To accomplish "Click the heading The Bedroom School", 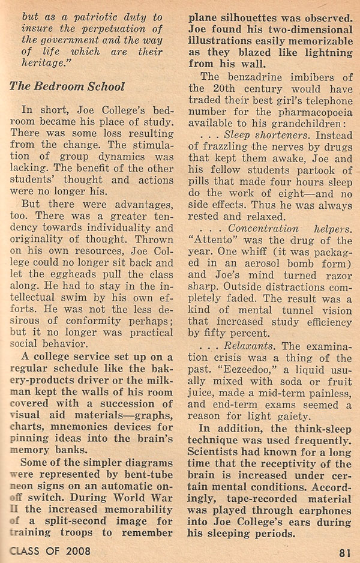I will [67, 86].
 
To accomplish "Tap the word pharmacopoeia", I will [298, 128].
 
